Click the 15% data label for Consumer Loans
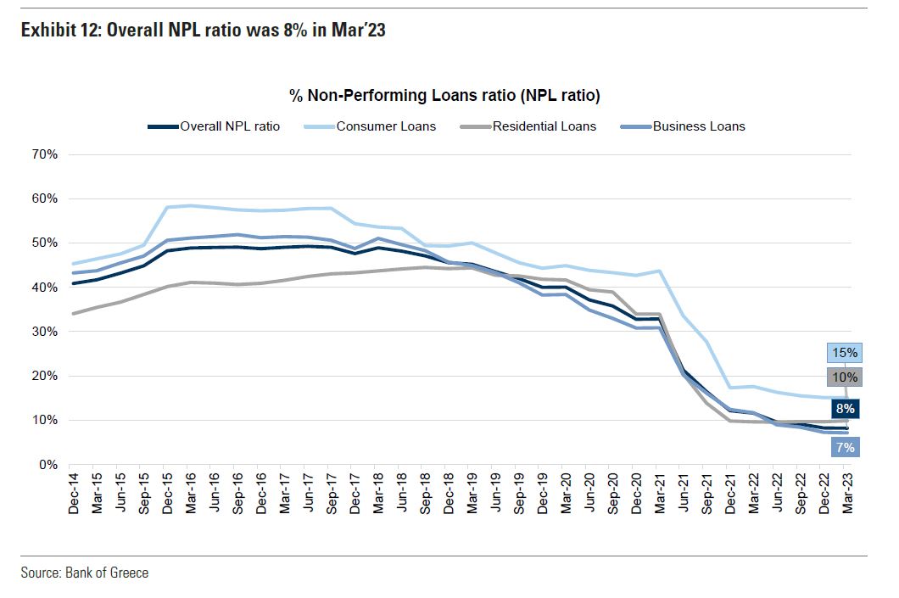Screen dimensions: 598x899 [x=844, y=353]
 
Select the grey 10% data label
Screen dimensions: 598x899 [x=844, y=377]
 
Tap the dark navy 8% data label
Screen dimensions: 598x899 [x=845, y=409]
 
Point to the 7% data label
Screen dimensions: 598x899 [x=845, y=446]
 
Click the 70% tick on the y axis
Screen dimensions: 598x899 [x=45, y=155]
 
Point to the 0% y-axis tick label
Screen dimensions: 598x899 [x=48, y=465]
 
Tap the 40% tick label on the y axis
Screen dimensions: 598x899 [x=45, y=288]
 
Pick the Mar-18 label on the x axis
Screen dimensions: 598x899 [x=379, y=494]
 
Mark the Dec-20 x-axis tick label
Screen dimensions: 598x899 [x=635, y=494]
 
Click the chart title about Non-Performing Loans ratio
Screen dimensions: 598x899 [x=445, y=96]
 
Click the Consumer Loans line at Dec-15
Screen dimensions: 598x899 [x=169, y=207]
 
